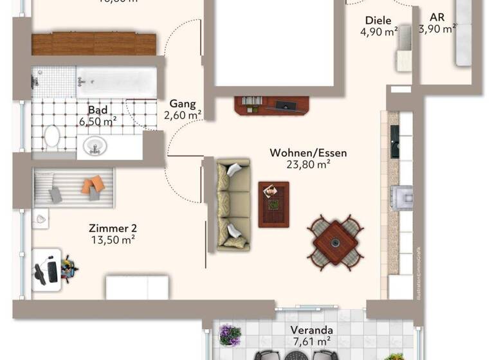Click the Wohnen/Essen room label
308,153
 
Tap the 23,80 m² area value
308,164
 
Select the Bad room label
98,109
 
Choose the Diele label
378,21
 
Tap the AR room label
437,17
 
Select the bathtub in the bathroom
116,82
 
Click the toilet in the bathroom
51,136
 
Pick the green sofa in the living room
232,204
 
